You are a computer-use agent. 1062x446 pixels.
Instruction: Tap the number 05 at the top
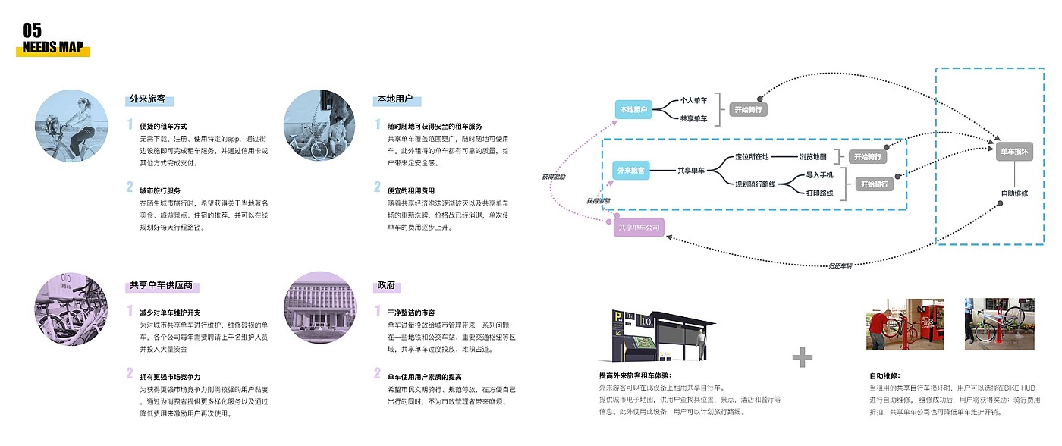[32, 30]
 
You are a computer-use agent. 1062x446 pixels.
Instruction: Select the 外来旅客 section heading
[147, 99]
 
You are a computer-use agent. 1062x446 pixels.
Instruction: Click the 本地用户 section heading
[394, 99]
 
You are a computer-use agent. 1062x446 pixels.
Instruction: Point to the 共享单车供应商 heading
[160, 286]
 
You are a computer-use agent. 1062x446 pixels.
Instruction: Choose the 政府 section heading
[386, 286]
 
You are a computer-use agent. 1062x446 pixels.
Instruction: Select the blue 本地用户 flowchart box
[633, 110]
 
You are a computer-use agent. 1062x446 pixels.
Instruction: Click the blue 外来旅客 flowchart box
[632, 171]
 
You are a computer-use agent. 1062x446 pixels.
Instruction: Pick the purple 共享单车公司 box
[639, 227]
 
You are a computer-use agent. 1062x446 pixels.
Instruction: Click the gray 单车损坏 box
[1014, 152]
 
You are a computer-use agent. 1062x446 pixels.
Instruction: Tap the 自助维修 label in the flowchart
[1014, 193]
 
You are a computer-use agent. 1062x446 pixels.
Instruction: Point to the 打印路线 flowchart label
[819, 193]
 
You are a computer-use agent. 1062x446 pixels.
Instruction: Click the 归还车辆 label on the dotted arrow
[840, 265]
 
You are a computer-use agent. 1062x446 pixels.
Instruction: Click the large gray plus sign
[803, 356]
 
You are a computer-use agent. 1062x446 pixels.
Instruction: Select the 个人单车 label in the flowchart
[693, 100]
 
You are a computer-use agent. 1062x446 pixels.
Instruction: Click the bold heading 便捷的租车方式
[163, 126]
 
